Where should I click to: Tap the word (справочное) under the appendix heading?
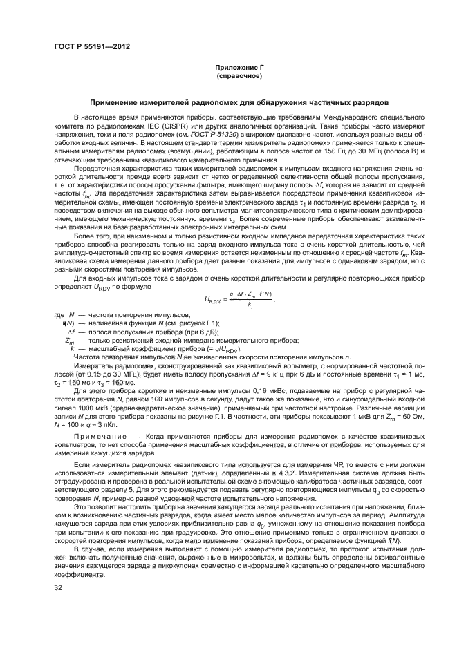(228, 77)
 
